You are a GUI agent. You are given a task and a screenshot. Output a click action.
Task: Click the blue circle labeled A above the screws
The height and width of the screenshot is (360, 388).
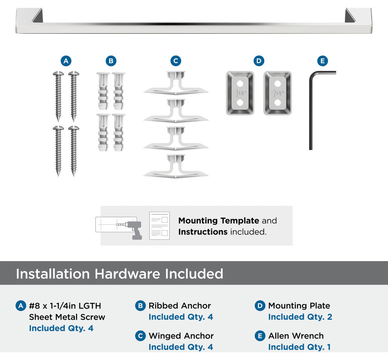[x=66, y=61]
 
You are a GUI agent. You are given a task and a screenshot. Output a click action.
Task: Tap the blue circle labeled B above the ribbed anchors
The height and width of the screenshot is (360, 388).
[x=111, y=61]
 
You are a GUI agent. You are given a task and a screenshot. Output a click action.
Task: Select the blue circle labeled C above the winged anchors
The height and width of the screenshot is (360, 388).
[x=176, y=61]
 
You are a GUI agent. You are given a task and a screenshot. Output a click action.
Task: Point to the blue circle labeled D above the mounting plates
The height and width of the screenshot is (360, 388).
[x=259, y=61]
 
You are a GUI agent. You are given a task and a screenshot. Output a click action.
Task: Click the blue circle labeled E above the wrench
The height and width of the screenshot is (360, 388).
[x=323, y=61]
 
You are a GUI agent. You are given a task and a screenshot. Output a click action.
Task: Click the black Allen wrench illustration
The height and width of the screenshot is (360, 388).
[x=311, y=111]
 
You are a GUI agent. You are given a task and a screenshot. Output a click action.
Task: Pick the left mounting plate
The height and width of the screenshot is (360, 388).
[x=240, y=93]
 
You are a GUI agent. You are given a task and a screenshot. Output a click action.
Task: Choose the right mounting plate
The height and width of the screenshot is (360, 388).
[x=277, y=93]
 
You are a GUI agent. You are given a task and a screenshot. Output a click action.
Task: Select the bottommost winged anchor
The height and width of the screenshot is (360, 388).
[x=176, y=167]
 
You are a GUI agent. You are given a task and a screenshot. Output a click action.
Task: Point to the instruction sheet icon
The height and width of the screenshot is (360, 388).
[x=160, y=225]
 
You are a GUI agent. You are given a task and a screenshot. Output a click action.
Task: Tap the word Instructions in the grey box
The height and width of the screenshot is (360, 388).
[x=203, y=232]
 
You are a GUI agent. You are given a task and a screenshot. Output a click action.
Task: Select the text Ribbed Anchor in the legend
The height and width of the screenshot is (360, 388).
[x=179, y=306]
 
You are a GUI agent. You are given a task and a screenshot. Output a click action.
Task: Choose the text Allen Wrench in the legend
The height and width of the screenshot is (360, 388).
[x=296, y=336]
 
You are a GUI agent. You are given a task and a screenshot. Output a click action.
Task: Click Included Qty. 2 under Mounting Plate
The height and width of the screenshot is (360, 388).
[x=300, y=317]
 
